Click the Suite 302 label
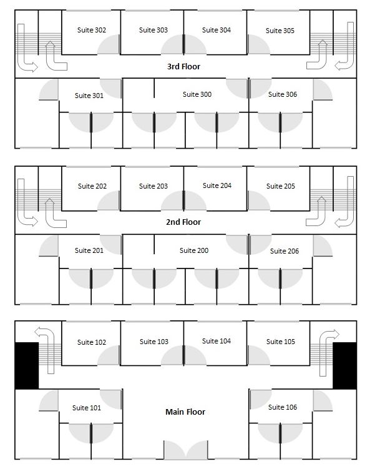tap(91, 30)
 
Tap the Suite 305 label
tap(280, 31)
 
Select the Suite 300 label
tap(197, 94)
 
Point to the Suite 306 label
tap(283, 94)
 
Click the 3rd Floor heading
tap(183, 66)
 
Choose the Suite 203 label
tap(154, 186)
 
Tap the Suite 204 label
tap(217, 185)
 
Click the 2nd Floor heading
tap(183, 222)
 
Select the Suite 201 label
tap(89, 250)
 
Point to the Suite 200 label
tap(194, 250)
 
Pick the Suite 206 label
tap(285, 251)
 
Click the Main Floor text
tap(185, 412)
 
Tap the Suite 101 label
tap(86, 408)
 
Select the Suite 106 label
tap(283, 407)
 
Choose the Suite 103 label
tap(154, 342)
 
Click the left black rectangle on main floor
tap(26, 365)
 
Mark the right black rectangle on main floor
tap(344, 365)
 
